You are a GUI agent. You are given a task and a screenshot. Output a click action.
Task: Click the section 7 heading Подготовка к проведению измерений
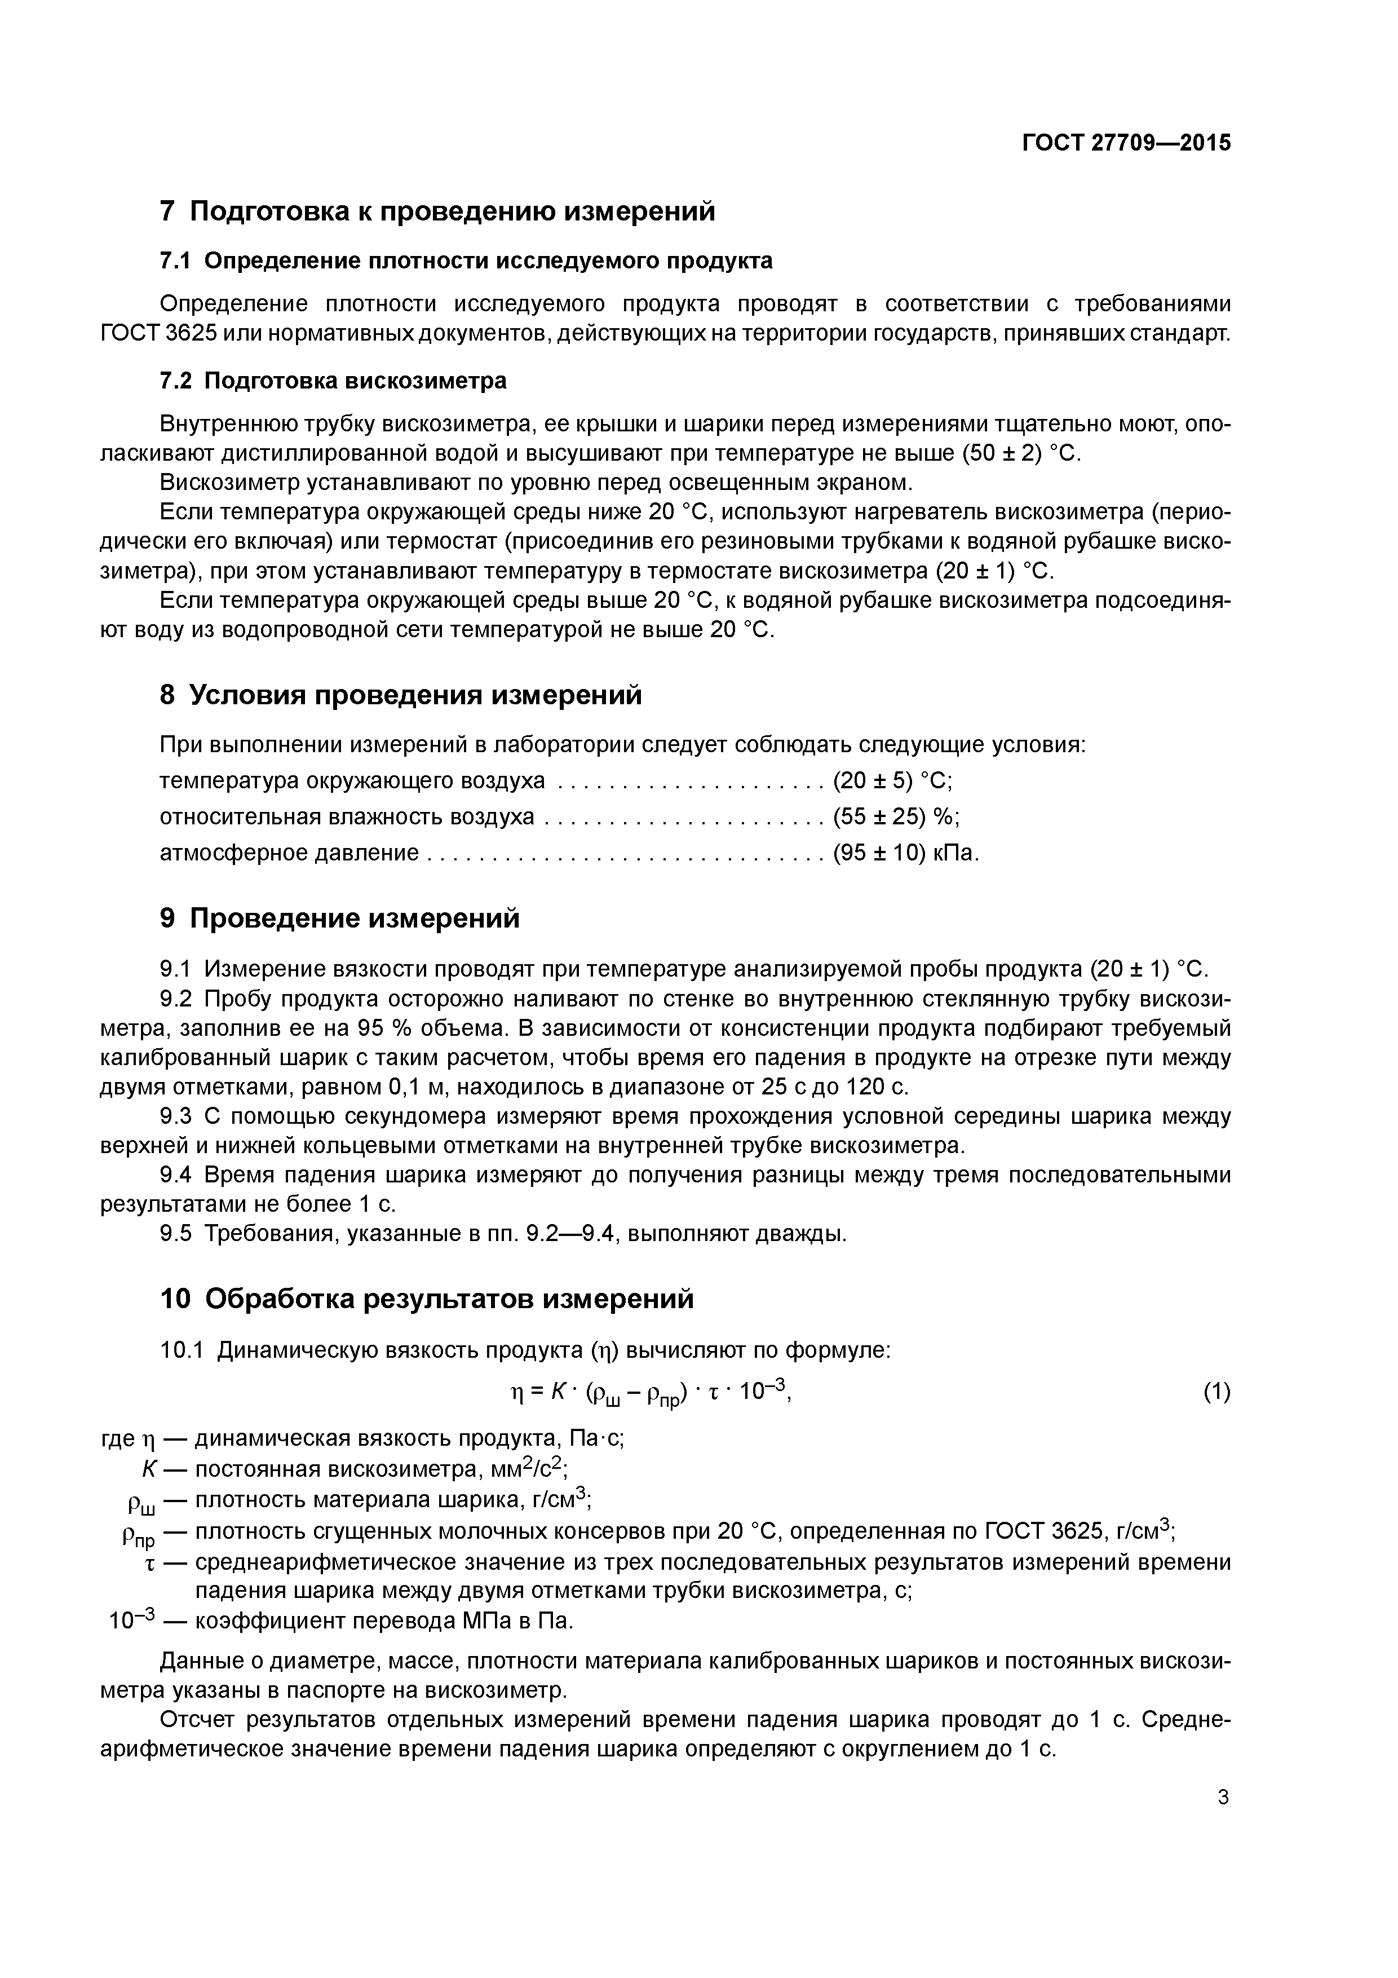pyautogui.click(x=437, y=211)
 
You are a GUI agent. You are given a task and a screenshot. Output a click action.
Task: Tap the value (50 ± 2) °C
pyautogui.click(x=1021, y=453)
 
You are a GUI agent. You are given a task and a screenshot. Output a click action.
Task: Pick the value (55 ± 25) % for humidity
pyautogui.click(x=896, y=816)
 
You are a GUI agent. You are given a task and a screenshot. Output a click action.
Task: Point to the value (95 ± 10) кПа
pyautogui.click(x=906, y=853)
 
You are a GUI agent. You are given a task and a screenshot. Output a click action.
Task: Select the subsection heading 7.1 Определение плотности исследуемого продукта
pyautogui.click(x=466, y=261)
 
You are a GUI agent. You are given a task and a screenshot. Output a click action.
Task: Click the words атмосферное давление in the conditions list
pyautogui.click(x=289, y=853)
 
